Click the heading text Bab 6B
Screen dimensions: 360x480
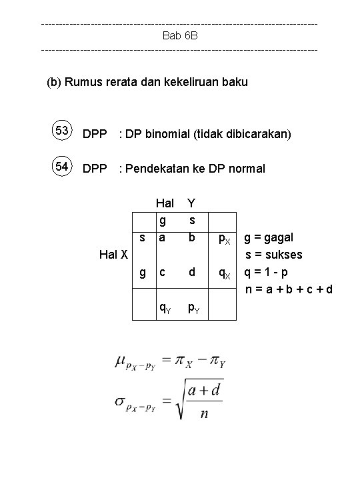(180, 35)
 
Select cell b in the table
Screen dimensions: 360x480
(192, 237)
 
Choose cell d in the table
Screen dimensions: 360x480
(192, 272)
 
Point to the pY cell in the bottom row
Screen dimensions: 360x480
(192, 307)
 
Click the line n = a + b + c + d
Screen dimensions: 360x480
(288, 289)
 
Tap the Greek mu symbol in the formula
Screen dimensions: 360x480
(121, 361)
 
